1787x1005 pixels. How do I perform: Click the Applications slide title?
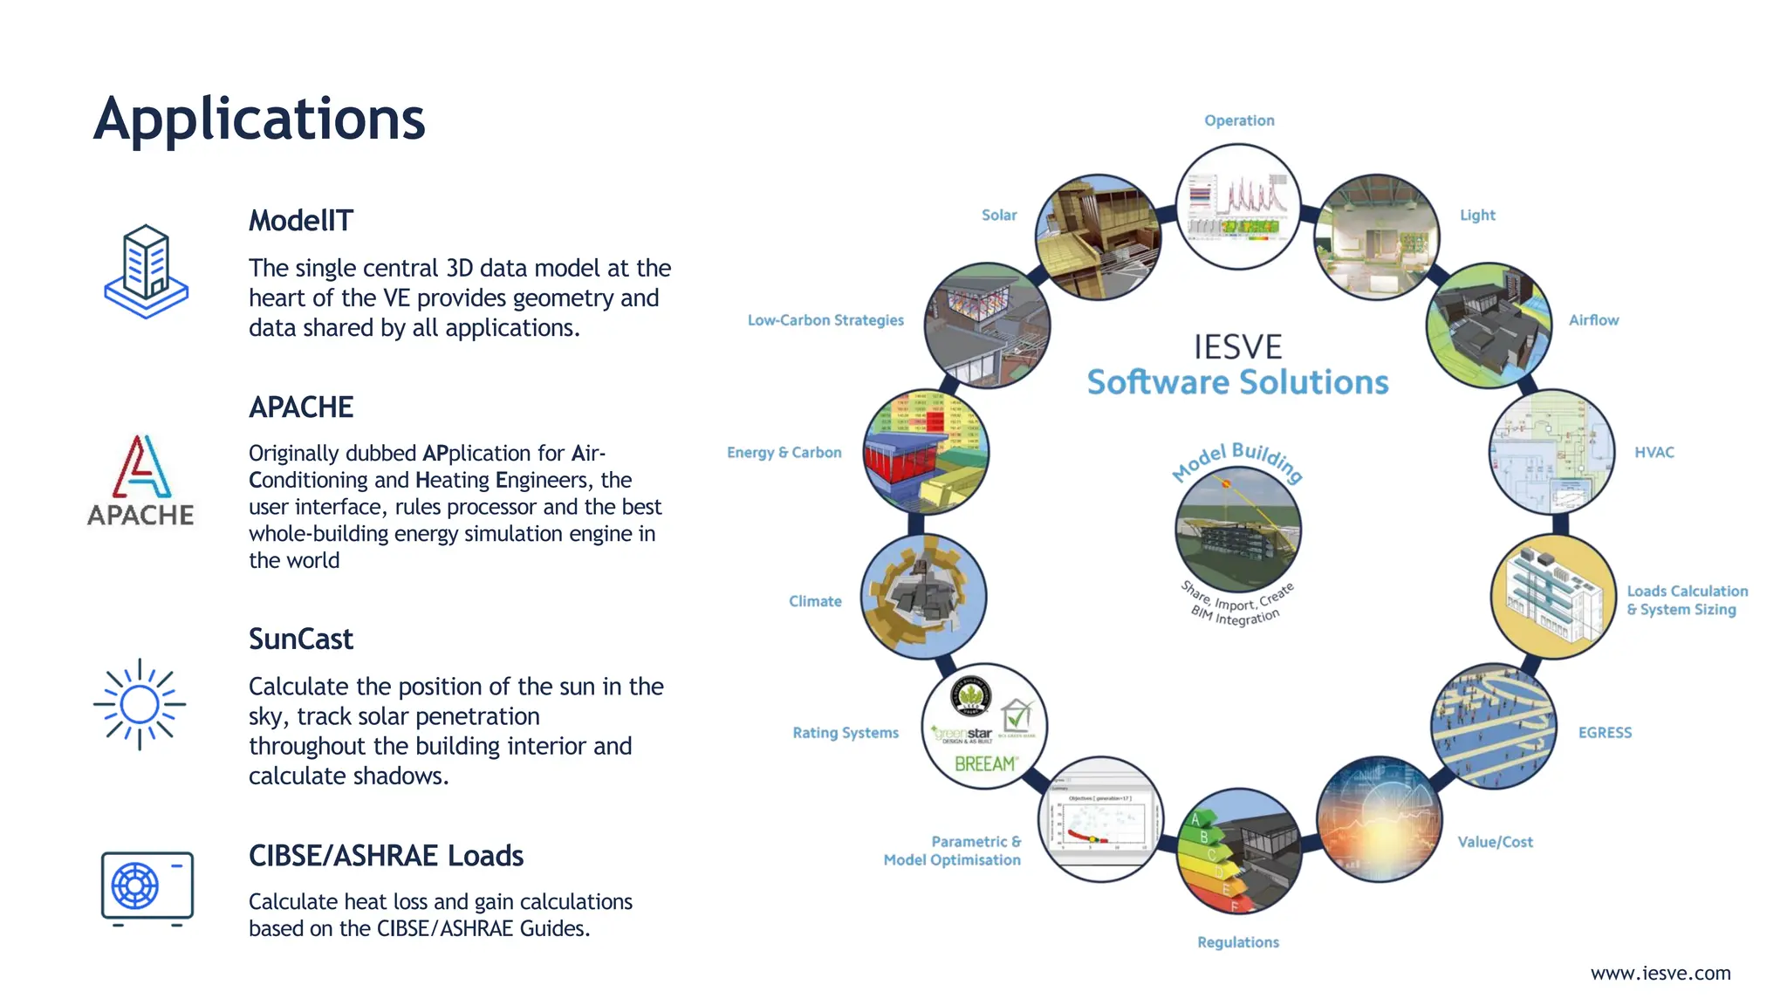click(x=259, y=119)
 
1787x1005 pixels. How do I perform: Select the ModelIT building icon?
click(x=146, y=271)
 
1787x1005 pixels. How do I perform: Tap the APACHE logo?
click(x=141, y=481)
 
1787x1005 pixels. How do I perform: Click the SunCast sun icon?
click(x=140, y=704)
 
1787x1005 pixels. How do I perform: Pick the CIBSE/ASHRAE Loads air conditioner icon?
click(x=147, y=888)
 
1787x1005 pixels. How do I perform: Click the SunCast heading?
click(x=300, y=639)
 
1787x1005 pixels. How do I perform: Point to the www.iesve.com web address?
click(x=1660, y=973)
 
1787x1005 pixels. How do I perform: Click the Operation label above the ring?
click(x=1238, y=120)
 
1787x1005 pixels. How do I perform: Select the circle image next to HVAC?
click(x=1551, y=452)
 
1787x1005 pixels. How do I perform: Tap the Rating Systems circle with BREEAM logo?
click(x=984, y=726)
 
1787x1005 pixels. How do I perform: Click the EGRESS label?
click(x=1604, y=733)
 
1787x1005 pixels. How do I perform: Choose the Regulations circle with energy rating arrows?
click(x=1238, y=851)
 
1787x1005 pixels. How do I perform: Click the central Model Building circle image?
click(x=1237, y=530)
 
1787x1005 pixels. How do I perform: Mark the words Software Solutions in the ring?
click(x=1237, y=382)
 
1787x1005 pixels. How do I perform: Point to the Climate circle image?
click(x=923, y=597)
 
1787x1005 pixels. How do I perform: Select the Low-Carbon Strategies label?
click(x=825, y=320)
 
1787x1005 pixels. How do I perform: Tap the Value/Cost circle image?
click(x=1378, y=819)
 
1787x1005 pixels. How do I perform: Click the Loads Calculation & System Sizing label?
click(x=1686, y=600)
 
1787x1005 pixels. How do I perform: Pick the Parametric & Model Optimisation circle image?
click(x=1100, y=819)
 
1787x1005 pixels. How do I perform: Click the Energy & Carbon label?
click(x=784, y=452)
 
